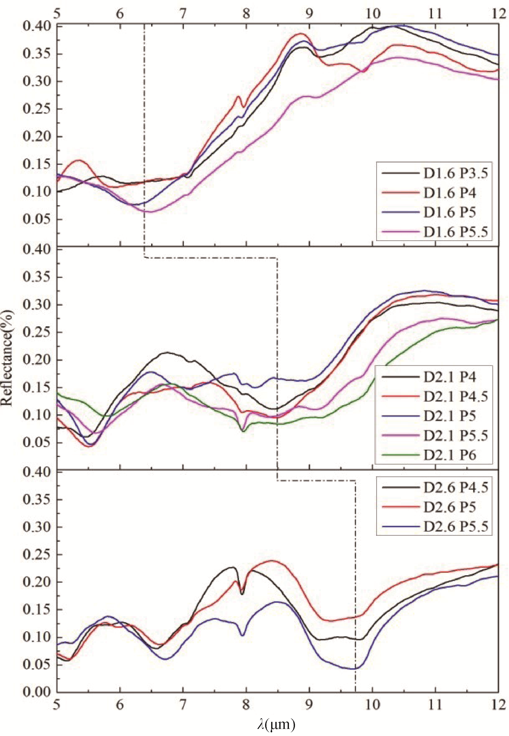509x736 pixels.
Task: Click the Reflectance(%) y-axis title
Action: [7, 358]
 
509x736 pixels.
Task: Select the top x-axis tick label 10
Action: [373, 14]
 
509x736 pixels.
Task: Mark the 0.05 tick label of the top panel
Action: [36, 220]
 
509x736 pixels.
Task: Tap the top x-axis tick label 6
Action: [120, 14]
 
